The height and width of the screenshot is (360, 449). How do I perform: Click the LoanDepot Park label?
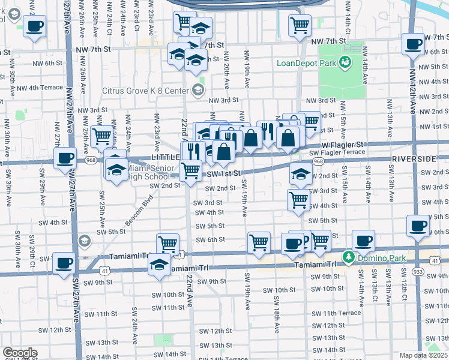[x=306, y=62]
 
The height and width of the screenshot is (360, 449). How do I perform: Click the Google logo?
[x=20, y=353]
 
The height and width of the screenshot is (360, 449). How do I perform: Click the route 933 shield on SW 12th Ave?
[x=417, y=272]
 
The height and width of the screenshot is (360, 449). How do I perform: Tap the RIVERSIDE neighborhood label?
[x=414, y=159]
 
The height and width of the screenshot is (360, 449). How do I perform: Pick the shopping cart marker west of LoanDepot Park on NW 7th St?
[x=299, y=25]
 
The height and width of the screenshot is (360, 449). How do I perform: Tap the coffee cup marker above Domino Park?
[x=363, y=241]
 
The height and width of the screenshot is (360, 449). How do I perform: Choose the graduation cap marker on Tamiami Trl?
[x=159, y=264]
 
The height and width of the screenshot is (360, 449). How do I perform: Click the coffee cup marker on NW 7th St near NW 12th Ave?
[x=413, y=44]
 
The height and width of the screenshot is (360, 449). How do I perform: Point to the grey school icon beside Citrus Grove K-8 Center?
[x=197, y=91]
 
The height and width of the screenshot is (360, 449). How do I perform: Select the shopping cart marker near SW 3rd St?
[x=298, y=200]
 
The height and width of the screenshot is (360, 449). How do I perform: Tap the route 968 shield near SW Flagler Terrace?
[x=318, y=161]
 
